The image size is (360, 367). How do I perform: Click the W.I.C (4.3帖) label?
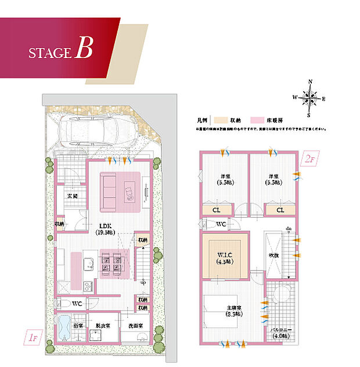click(225, 258)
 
